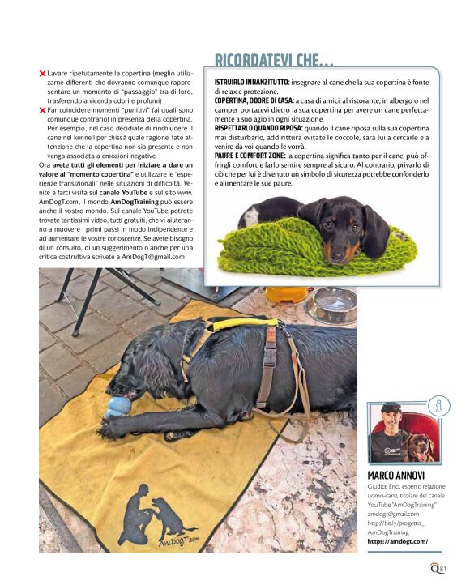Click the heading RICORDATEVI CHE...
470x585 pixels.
[273, 60]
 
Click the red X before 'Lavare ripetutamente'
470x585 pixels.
[42, 74]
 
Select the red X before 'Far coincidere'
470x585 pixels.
[42, 109]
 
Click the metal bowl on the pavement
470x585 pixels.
[331, 305]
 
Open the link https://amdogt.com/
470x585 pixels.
[397, 541]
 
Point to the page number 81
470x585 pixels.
[443, 568]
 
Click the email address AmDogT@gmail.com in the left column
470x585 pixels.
[154, 256]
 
